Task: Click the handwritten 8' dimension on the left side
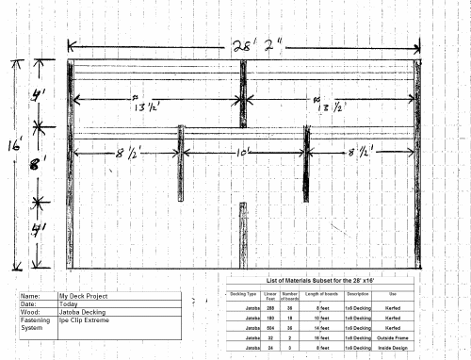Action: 38,164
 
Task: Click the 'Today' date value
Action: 69,303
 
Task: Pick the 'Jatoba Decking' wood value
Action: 81,312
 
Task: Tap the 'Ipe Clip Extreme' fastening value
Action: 83,320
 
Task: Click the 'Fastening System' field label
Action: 36,324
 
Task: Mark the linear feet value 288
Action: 269,307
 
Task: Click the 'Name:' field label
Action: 30,295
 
